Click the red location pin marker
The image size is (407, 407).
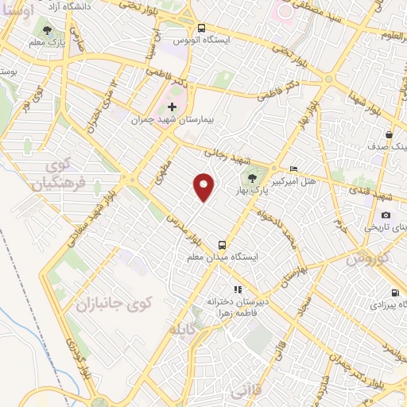(204, 187)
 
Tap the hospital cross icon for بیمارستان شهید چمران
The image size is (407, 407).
(172, 107)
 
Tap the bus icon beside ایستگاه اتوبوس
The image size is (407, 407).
(201, 26)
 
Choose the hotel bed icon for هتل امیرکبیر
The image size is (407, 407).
(293, 169)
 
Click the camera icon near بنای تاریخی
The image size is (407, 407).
(386, 215)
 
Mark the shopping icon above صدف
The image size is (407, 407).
(388, 134)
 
